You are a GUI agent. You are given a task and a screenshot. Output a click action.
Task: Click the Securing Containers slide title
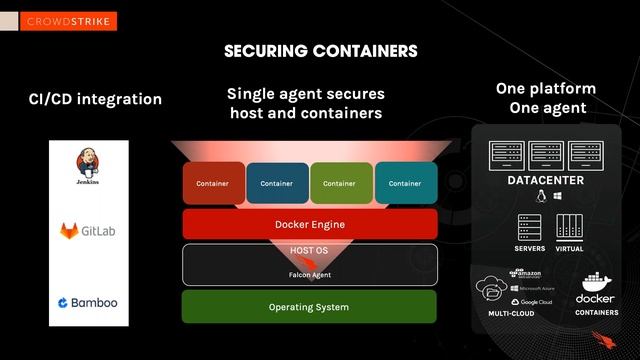pos(320,50)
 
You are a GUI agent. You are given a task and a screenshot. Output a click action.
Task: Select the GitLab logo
pos(89,231)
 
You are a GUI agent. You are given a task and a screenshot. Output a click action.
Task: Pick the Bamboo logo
pos(88,302)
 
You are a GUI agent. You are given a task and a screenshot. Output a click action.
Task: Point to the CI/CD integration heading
pos(95,99)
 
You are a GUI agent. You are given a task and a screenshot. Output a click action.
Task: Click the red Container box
pos(213,183)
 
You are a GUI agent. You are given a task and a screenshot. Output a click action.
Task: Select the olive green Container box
pos(340,183)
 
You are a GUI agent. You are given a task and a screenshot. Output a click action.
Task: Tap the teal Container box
pos(405,183)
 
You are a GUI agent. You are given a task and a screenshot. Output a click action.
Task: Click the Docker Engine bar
pos(309,224)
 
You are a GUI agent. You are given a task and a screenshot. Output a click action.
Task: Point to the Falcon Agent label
pos(309,275)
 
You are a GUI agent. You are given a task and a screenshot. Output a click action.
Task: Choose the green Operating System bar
pos(309,306)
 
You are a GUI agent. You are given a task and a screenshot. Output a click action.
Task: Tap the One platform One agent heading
pos(546,98)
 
